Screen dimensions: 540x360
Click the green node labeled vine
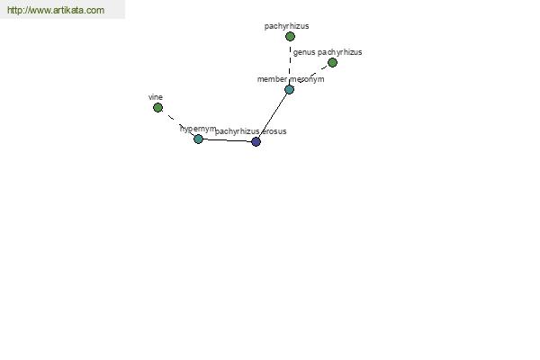157,108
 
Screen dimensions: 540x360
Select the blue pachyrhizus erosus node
256,141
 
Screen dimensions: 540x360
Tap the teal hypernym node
198,139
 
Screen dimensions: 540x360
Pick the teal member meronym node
289,90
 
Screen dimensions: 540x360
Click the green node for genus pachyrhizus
332,63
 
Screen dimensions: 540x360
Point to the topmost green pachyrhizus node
290,37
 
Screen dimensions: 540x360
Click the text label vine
156,97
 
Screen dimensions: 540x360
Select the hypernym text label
198,129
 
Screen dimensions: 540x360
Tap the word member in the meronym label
272,79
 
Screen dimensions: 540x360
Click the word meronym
307,79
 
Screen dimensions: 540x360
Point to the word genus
304,52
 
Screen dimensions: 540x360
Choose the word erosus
274,131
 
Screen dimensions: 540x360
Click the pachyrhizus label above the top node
286,26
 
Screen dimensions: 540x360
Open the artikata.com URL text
56,10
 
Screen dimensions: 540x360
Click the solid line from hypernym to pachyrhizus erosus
227,140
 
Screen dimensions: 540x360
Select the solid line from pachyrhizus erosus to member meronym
273,115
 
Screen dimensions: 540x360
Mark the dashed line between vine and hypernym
178,123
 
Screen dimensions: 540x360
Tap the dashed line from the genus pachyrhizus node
312,74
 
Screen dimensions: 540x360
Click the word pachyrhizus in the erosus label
238,131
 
